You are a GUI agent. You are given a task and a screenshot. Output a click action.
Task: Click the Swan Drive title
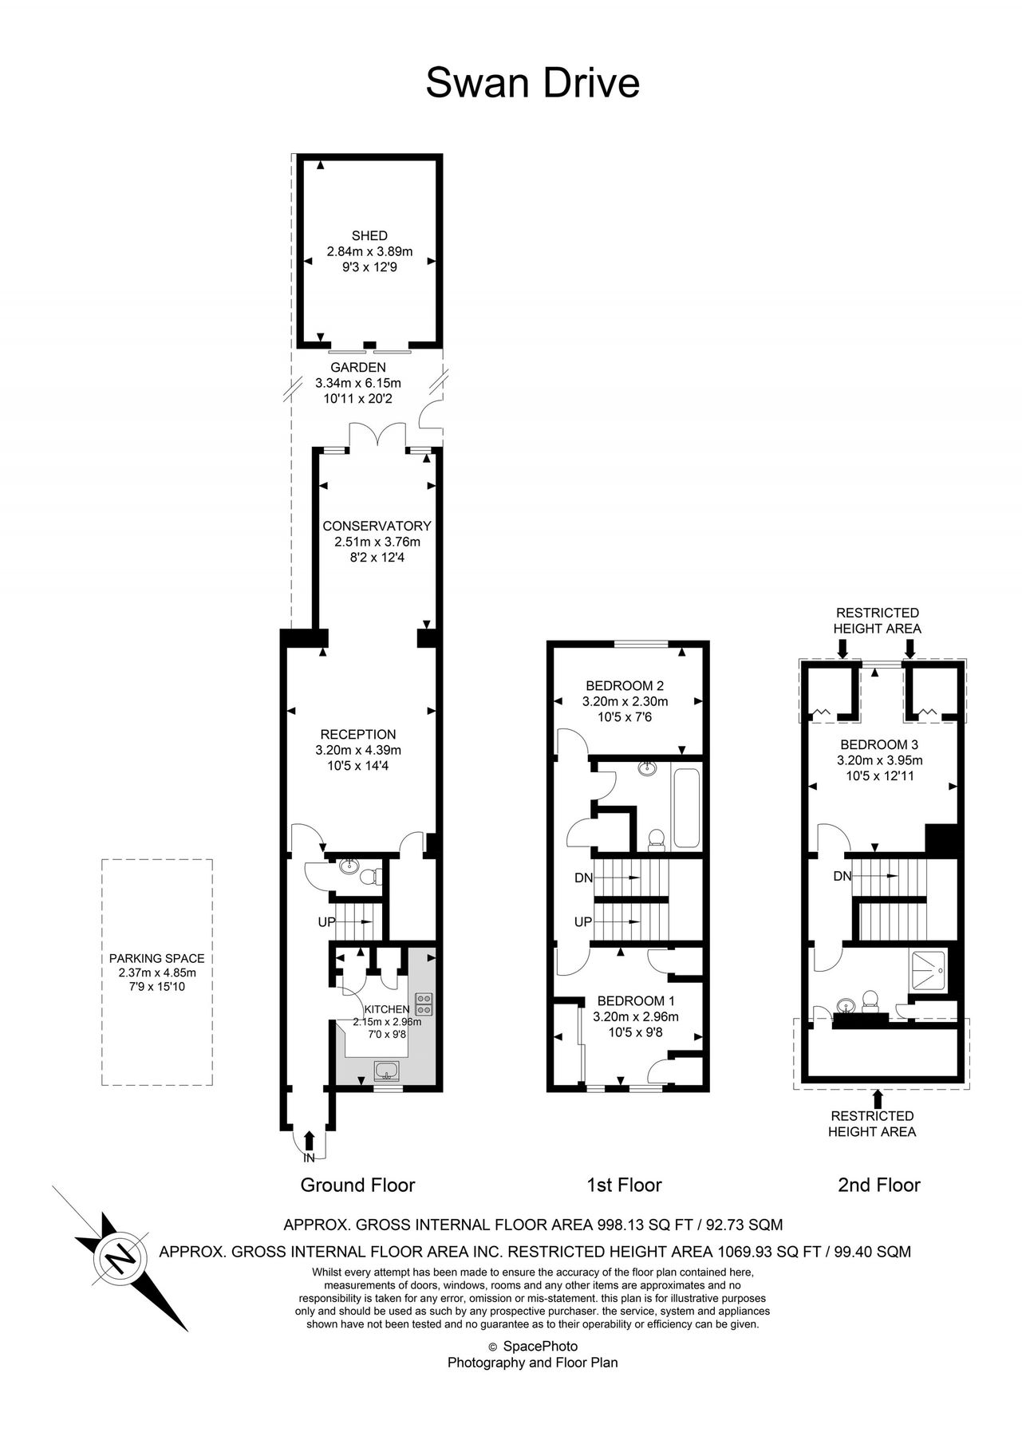[x=532, y=83]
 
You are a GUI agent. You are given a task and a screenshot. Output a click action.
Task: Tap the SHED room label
[x=369, y=236]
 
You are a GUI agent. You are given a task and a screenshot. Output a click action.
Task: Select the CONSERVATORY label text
[x=377, y=526]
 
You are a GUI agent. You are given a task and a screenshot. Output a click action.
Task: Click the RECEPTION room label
[x=358, y=735]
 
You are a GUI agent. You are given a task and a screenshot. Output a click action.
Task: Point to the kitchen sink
[x=388, y=1069]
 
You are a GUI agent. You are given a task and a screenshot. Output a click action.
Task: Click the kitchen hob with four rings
[x=424, y=1004]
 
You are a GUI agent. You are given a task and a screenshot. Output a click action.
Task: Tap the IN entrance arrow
[x=310, y=1142]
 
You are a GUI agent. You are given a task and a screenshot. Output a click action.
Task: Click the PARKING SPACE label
[x=157, y=958]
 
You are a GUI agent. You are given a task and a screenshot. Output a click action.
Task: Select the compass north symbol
[x=121, y=1260]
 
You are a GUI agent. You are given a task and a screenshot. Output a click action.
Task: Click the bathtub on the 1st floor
[x=686, y=807]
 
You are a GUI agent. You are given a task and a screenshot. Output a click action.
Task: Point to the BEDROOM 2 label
[x=625, y=685]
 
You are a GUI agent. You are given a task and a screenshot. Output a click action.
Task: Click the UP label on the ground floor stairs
[x=327, y=922]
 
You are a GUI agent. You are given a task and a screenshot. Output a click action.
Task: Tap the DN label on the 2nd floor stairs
[x=842, y=876]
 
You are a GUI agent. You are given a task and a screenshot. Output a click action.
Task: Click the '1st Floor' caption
[x=624, y=1185]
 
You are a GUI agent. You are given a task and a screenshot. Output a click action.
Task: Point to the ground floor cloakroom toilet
[x=370, y=876]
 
